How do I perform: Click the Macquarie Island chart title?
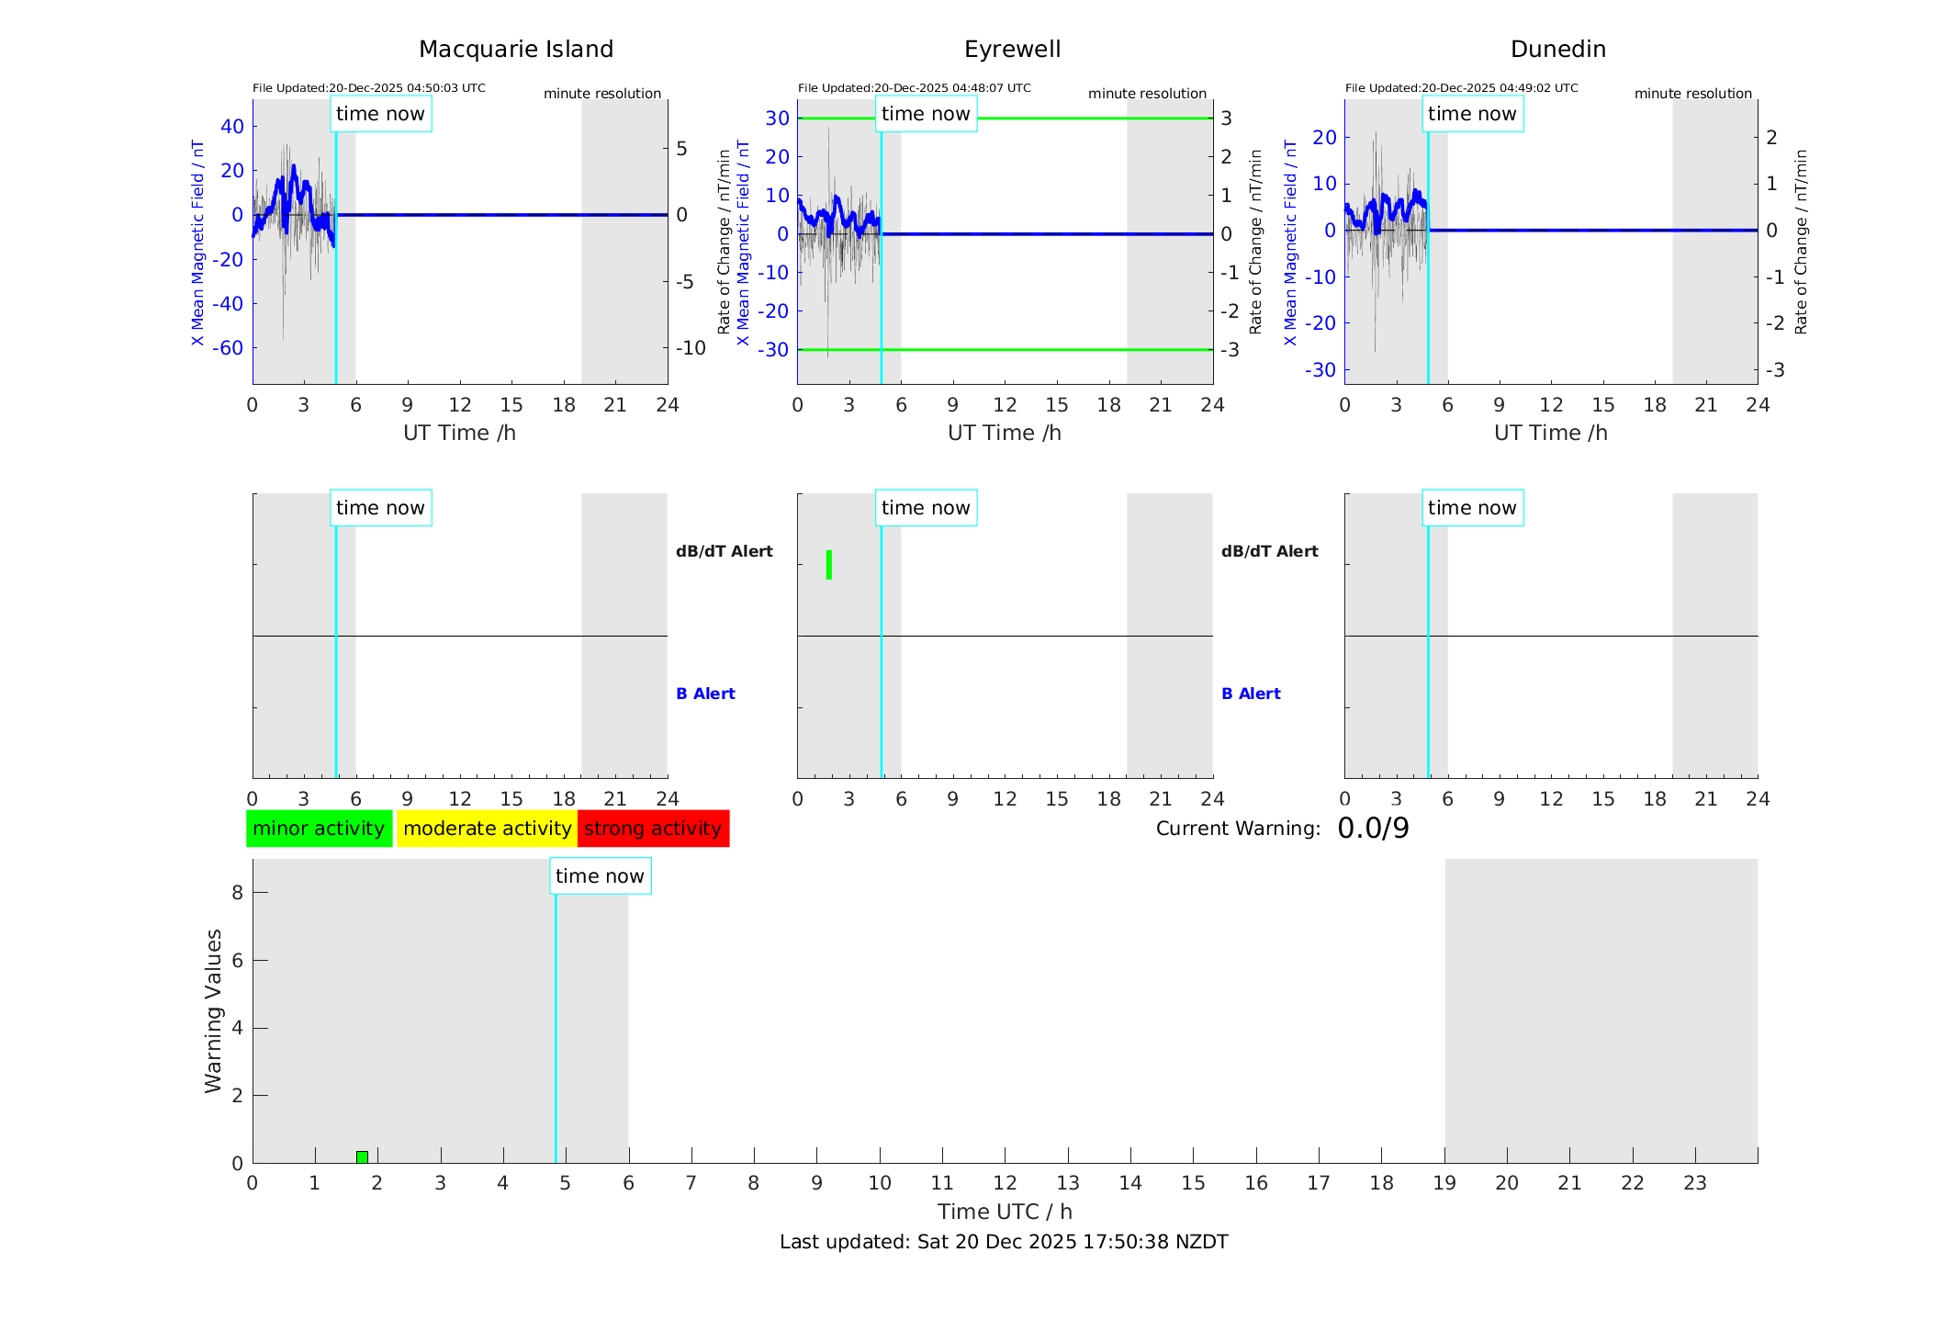click(x=515, y=50)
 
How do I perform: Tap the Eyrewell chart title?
click(x=1012, y=50)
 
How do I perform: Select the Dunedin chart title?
click(x=1557, y=50)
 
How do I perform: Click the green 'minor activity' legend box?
click(x=319, y=829)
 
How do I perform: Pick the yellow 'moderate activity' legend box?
click(x=487, y=829)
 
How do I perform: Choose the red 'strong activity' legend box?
click(x=653, y=829)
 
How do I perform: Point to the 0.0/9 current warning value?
click(x=1373, y=829)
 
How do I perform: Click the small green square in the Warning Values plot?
click(x=362, y=1156)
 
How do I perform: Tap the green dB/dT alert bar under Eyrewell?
click(x=829, y=565)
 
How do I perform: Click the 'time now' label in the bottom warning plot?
click(x=600, y=876)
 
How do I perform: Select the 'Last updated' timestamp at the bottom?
click(x=1004, y=1242)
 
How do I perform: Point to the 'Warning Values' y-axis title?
click(x=214, y=1010)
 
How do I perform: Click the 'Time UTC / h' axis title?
click(x=1005, y=1212)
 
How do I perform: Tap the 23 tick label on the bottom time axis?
click(x=1694, y=1183)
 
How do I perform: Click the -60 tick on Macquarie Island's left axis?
click(x=228, y=348)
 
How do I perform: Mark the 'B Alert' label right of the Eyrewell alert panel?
click(x=1251, y=694)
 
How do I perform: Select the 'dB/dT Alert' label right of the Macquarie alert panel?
click(x=724, y=551)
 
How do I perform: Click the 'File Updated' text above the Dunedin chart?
click(x=1461, y=88)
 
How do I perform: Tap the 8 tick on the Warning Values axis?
click(x=237, y=892)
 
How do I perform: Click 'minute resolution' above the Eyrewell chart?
click(x=1147, y=94)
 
